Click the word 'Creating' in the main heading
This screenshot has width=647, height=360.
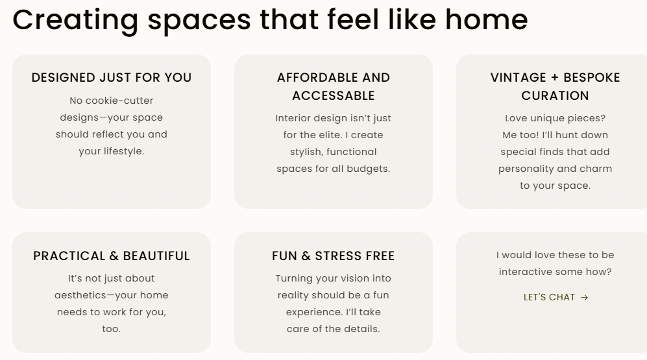click(75, 19)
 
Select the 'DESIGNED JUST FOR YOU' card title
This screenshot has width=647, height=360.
click(112, 78)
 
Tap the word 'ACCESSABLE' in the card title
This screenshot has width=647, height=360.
click(334, 96)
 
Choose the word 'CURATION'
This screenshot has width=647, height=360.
click(555, 96)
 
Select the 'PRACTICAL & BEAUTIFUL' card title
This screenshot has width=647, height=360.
click(112, 256)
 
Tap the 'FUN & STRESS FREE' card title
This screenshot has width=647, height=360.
click(334, 256)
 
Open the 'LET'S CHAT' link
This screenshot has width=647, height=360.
click(549, 298)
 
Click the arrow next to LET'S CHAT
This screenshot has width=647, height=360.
click(584, 298)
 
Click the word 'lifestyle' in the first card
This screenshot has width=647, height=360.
click(123, 152)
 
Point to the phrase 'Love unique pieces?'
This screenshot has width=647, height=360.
click(555, 118)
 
